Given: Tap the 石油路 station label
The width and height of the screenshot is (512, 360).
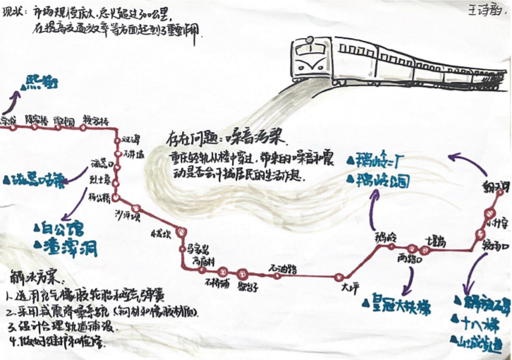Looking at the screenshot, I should pyautogui.click(x=282, y=268).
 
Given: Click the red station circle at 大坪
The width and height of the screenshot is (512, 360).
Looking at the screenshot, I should pyautogui.click(x=346, y=275).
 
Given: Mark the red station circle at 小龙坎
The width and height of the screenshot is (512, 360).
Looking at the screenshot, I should pyautogui.click(x=182, y=232).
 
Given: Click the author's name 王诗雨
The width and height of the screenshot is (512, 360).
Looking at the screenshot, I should pyautogui.click(x=483, y=11).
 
